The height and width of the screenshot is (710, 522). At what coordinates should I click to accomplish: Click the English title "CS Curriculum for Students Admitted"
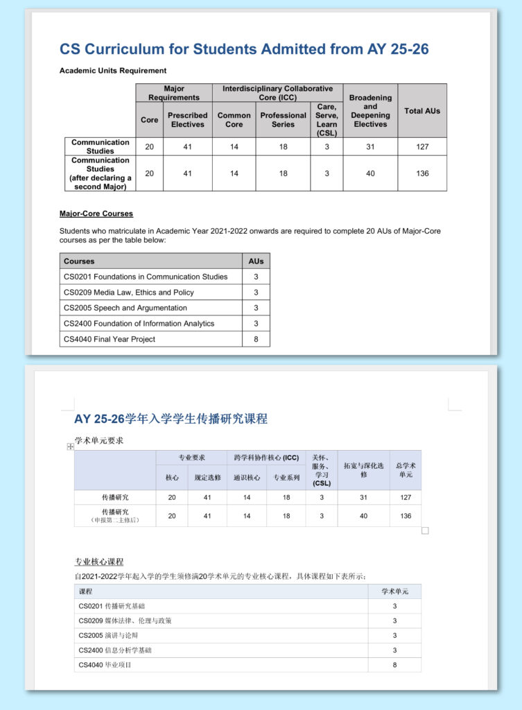coord(244,49)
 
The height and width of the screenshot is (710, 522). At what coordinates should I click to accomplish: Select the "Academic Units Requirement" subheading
coord(113,71)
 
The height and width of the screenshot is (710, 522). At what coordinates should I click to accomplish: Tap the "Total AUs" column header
coord(421,111)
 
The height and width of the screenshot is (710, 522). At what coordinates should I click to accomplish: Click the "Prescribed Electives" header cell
coord(187,120)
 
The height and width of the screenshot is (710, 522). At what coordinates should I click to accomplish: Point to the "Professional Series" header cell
coord(283,120)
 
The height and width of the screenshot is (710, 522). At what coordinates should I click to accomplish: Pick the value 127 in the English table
coord(421,147)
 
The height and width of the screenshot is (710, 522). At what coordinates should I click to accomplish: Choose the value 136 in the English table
coord(421,173)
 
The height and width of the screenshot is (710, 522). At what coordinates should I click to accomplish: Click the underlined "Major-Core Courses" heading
coord(96,214)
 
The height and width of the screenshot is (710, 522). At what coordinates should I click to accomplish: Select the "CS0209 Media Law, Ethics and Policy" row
coord(128,293)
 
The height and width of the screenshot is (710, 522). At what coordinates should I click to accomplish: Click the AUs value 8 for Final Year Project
coord(256,339)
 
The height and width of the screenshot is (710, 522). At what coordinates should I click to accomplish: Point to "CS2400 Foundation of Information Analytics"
coord(139,324)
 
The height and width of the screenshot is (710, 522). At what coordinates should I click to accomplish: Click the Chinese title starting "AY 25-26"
coord(171,419)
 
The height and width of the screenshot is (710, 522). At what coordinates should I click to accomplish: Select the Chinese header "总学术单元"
coord(406,470)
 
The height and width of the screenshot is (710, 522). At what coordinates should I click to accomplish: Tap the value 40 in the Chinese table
coord(364,516)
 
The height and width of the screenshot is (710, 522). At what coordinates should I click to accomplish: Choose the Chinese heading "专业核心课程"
coord(99,562)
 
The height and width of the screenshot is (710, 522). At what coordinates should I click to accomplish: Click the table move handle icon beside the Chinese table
coord(70,447)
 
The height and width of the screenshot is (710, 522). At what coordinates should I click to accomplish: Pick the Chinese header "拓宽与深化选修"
coord(364,470)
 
